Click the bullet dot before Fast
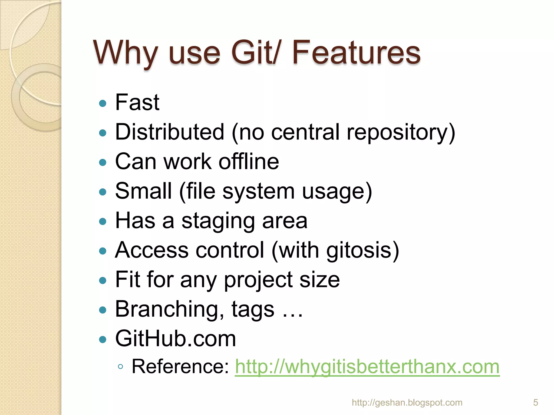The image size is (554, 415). click(x=103, y=103)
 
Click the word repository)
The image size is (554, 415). click(x=401, y=132)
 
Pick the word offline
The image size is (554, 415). click(x=249, y=161)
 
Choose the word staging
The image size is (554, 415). click(x=218, y=221)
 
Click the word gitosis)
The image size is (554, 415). click(x=362, y=250)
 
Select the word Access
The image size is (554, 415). click(x=152, y=250)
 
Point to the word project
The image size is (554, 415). click(x=258, y=280)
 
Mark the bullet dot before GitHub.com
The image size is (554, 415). click(x=103, y=339)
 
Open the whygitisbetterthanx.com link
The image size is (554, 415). click(x=367, y=367)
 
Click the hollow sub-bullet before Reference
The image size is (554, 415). click(x=121, y=367)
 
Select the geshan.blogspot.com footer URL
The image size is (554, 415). click(x=407, y=403)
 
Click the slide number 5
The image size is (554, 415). click(x=535, y=403)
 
